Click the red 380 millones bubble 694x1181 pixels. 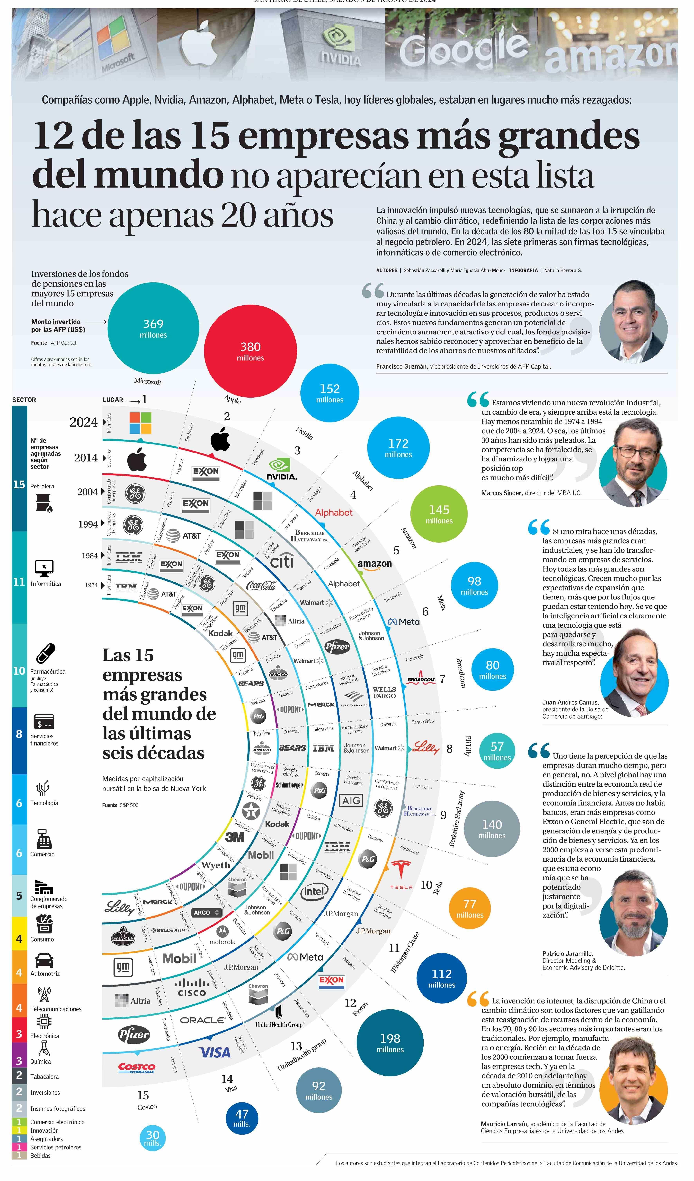250,351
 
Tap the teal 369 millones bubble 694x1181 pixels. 153,328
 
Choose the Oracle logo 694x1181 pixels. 203,1020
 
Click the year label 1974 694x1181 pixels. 91,585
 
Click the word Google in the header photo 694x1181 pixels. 463,48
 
